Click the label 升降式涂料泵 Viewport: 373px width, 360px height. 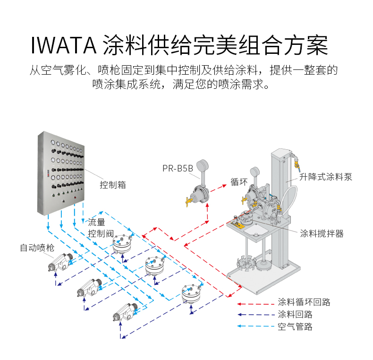(x=326, y=177)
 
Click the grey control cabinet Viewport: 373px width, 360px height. (x=61, y=172)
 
